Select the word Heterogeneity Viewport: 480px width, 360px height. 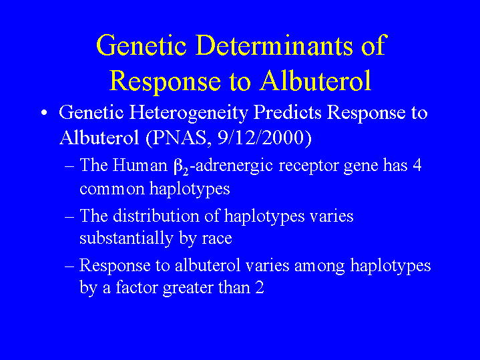click(188, 114)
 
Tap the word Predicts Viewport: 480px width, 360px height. click(287, 112)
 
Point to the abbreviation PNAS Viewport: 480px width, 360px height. click(180, 138)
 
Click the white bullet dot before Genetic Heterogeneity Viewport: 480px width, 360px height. click(45, 113)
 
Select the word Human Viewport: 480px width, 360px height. click(140, 165)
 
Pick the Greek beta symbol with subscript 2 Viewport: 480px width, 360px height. click(181, 167)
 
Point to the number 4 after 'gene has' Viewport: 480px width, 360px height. click(417, 165)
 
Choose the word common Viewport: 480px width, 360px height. click(112, 189)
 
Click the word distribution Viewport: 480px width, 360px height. click(156, 216)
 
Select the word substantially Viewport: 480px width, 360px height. click(126, 238)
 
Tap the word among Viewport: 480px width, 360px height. click(320, 266)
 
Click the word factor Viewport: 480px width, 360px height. click(137, 288)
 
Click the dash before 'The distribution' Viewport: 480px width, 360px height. click(69, 217)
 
